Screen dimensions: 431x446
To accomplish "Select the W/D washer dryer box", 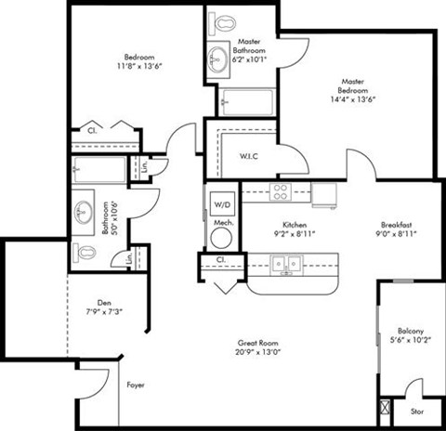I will click(x=222, y=203).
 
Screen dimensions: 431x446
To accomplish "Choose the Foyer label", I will click(x=136, y=384).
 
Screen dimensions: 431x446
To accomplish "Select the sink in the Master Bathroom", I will click(x=219, y=54).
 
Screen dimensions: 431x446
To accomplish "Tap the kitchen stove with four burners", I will click(x=281, y=192).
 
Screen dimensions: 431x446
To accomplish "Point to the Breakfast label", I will click(x=396, y=225).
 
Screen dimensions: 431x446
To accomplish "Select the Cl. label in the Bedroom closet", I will click(x=91, y=131).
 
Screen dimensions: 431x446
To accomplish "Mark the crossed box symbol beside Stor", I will click(x=386, y=406).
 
